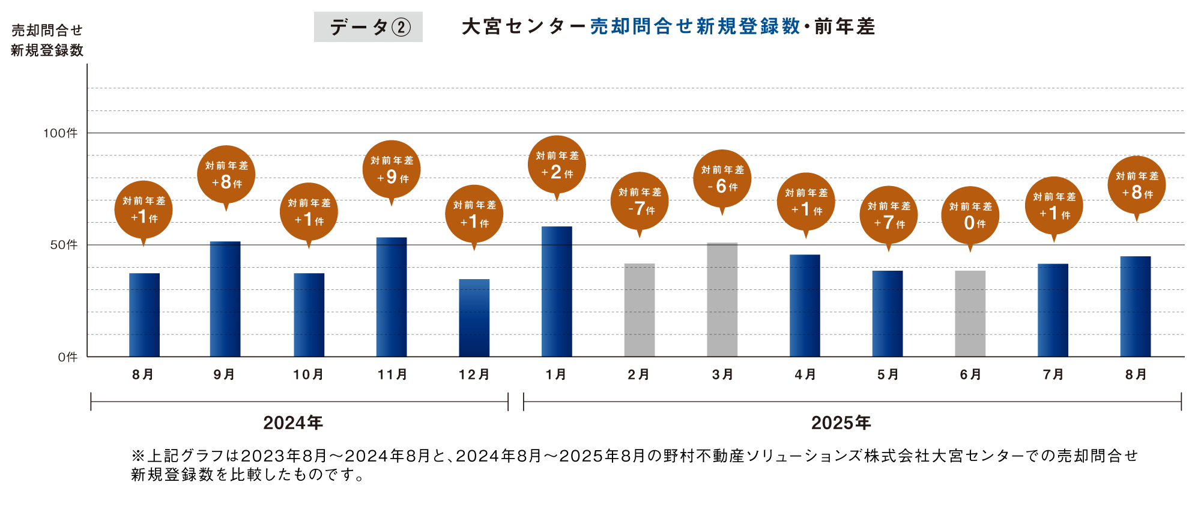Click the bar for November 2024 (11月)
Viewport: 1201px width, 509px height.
[x=392, y=297]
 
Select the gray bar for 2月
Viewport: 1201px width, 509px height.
[x=640, y=310]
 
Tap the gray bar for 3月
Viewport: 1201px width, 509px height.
[x=722, y=300]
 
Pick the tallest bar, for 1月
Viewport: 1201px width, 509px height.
[x=557, y=291]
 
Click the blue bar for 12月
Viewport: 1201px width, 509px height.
[x=474, y=318]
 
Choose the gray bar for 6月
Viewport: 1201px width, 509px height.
[x=970, y=313]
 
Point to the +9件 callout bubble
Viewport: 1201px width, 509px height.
[x=392, y=170]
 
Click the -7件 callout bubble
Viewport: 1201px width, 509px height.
[x=640, y=202]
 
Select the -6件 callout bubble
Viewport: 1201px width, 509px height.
[x=722, y=179]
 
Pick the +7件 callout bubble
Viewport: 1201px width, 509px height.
[x=888, y=215]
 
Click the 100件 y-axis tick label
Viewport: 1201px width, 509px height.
[x=60, y=133]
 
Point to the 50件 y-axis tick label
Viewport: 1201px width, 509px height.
[x=64, y=245]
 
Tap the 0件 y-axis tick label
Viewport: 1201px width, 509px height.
[x=68, y=357]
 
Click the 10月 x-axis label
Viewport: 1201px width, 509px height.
[x=308, y=375]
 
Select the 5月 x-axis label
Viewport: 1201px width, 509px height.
[x=888, y=375]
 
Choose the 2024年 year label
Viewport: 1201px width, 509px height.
[x=293, y=423]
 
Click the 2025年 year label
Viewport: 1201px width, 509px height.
[x=841, y=423]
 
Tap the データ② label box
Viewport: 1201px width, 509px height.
[x=368, y=27]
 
